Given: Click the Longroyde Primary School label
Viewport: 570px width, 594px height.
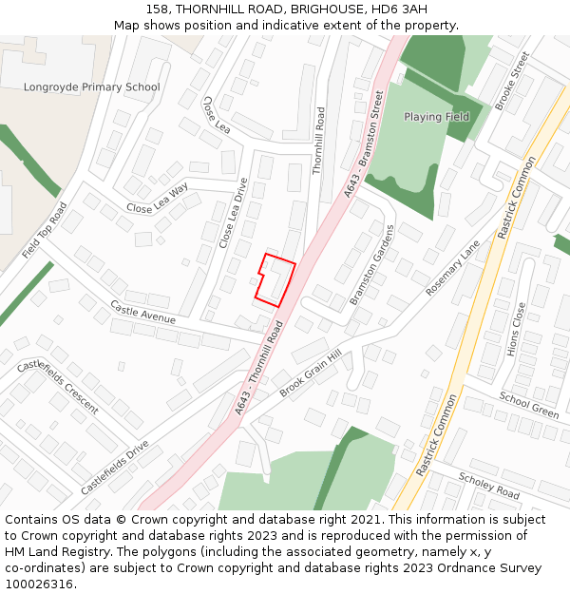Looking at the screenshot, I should (x=91, y=87).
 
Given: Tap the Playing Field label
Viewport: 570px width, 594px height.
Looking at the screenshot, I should (x=437, y=117).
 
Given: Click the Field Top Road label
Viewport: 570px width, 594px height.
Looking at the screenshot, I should (x=45, y=231).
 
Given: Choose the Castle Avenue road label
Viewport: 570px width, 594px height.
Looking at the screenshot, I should (x=142, y=312).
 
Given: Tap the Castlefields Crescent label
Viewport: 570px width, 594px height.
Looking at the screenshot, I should (x=57, y=387).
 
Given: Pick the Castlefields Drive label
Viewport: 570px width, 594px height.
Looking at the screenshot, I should (x=115, y=467).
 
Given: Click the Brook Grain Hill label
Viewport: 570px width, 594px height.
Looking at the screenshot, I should (x=310, y=375).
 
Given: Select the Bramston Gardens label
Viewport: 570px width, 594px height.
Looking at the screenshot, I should (x=371, y=265).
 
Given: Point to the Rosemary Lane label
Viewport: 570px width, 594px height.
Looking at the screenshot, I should (x=453, y=268).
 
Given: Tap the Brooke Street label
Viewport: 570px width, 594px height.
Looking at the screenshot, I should (x=511, y=81).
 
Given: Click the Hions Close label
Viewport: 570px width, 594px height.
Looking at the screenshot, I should (x=516, y=330).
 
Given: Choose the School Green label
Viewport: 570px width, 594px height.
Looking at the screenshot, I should (x=529, y=406).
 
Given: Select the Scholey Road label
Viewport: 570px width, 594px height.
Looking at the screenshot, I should (x=489, y=486).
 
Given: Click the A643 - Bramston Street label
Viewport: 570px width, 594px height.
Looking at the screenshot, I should (x=365, y=144).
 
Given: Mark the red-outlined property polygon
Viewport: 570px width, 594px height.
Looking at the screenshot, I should (x=275, y=280).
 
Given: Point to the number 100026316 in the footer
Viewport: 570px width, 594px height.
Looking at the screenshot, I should (x=39, y=584).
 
